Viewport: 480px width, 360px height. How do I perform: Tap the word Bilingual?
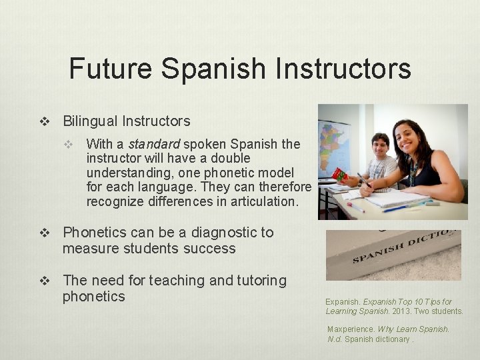tap(90, 121)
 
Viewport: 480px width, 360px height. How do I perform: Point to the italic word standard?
tap(153, 144)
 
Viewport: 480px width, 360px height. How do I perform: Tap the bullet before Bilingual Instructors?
tap(45, 121)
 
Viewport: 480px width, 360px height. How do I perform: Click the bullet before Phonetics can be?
tap(45, 233)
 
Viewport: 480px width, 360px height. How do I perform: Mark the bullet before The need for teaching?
tap(45, 281)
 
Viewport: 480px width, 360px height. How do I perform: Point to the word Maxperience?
tap(351, 329)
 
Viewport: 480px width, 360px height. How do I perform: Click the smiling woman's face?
tap(410, 137)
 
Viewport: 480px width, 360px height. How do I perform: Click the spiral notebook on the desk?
tap(397, 198)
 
